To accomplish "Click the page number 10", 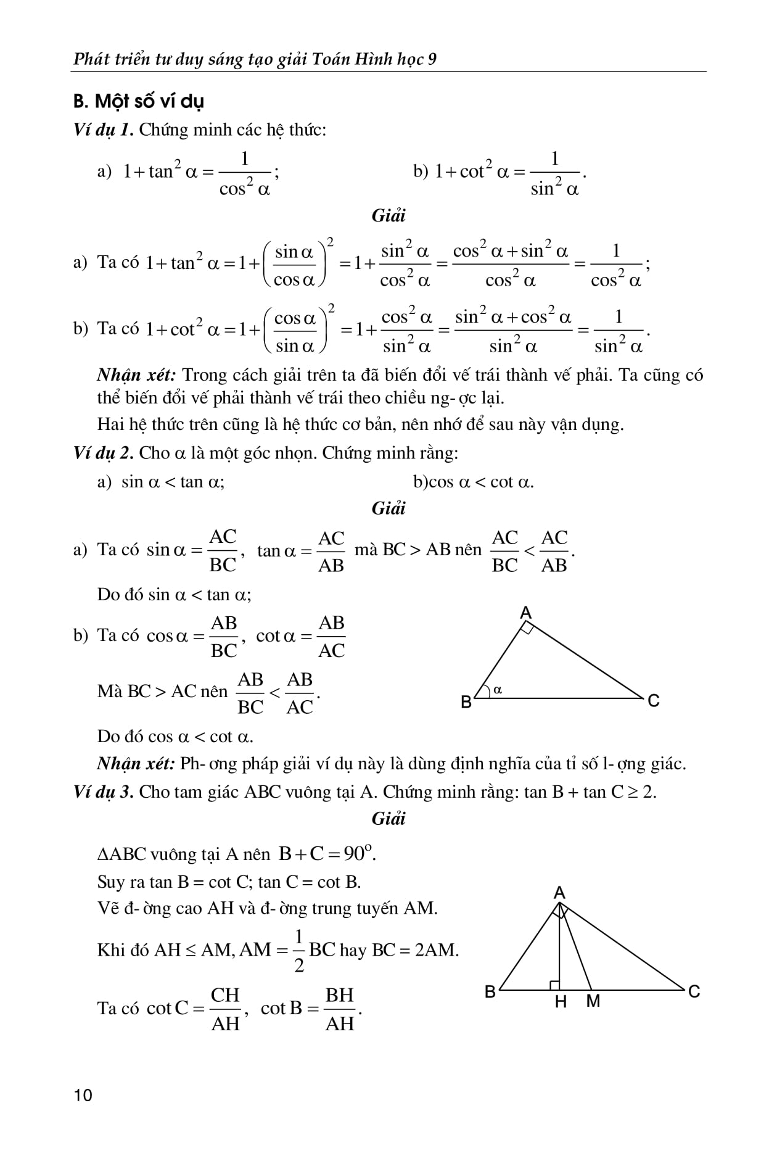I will [83, 1095].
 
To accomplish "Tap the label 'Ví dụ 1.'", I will [103, 130].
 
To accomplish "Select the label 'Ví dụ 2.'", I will [103, 453].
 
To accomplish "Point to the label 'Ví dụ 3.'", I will [103, 792].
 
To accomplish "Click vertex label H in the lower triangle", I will [561, 1002].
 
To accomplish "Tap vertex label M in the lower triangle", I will [593, 1002].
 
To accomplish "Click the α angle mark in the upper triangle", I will [498, 690].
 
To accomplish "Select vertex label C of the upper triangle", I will [654, 701].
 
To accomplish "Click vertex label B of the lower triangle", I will [490, 992].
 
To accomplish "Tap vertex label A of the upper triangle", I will [525, 613].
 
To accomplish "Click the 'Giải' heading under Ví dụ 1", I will [388, 216].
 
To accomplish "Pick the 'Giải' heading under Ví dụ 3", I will [388, 819].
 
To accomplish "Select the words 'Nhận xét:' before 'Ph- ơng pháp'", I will [136, 764].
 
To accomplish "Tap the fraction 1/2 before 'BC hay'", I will [299, 951].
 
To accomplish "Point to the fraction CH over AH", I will [226, 1009].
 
